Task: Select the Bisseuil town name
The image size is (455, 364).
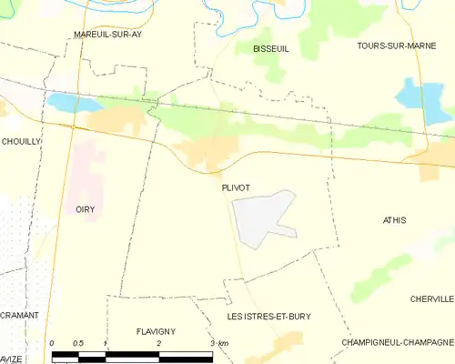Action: pos(270,48)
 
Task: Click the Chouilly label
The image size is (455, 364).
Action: pos(21,141)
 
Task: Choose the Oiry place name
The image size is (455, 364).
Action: pos(85,208)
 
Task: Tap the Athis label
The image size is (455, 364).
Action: pos(395,220)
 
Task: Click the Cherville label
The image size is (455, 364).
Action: pos(431,298)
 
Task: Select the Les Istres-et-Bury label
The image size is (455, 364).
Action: pos(268,316)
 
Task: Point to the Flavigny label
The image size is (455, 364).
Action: pos(155,331)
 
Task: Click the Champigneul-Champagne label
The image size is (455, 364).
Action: pos(397,342)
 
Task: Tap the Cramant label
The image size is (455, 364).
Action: pos(19,314)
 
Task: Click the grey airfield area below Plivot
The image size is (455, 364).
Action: pos(259,220)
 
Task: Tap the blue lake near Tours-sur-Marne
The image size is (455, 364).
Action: pos(409,94)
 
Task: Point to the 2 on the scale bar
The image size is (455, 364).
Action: pos(159,343)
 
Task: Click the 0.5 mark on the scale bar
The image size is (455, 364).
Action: pos(78,343)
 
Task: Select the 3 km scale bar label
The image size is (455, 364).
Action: pos(217,343)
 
